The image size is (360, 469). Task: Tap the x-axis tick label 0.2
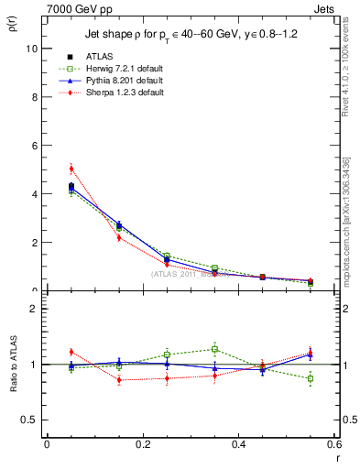click(x=143, y=444)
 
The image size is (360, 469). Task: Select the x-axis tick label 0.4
click(x=239, y=444)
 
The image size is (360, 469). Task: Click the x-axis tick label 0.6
click(x=334, y=444)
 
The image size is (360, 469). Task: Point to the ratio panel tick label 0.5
click(x=30, y=420)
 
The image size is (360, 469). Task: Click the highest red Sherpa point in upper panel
click(x=71, y=169)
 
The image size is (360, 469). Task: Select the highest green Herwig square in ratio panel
click(x=214, y=349)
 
